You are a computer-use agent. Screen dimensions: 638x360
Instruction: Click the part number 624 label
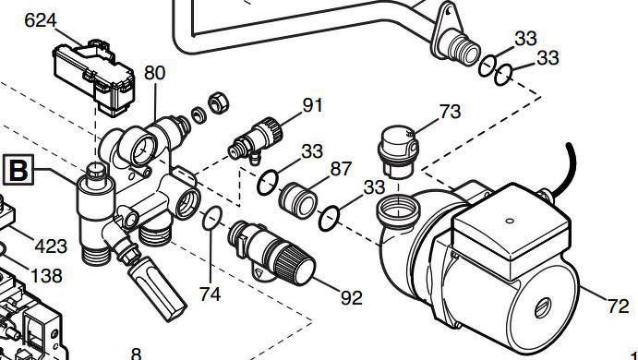(41, 20)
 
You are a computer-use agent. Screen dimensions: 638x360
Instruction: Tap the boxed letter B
(18, 170)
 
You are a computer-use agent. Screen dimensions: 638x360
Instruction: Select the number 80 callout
(154, 73)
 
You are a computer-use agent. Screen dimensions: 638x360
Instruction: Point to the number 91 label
(312, 105)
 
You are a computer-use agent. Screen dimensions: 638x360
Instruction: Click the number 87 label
(341, 169)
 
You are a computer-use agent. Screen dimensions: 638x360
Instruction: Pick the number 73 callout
(450, 112)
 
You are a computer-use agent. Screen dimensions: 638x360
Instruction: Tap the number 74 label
(210, 294)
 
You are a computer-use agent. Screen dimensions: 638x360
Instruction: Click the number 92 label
(352, 298)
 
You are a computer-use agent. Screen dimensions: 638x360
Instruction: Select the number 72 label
(619, 306)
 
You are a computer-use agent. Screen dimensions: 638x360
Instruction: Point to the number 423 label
(51, 246)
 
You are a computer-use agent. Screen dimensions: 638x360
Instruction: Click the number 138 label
(47, 276)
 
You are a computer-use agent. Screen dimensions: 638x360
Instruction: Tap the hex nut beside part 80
(219, 102)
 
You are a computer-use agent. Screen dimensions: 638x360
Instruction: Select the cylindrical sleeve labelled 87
(298, 199)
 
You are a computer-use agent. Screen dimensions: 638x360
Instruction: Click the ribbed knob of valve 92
(295, 265)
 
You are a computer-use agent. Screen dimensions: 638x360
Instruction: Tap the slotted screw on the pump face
(542, 307)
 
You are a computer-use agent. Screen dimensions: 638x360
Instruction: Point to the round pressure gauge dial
(143, 150)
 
